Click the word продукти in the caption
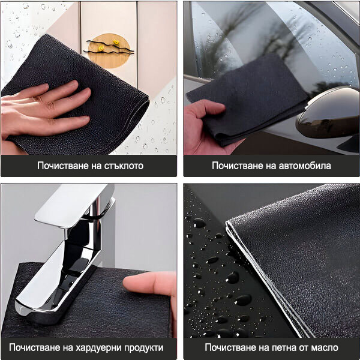click(144, 348)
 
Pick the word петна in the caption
click(286, 347)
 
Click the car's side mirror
click(328, 113)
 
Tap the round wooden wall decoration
click(109, 51)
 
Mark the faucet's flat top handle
click(73, 205)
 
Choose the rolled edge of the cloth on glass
click(136, 122)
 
